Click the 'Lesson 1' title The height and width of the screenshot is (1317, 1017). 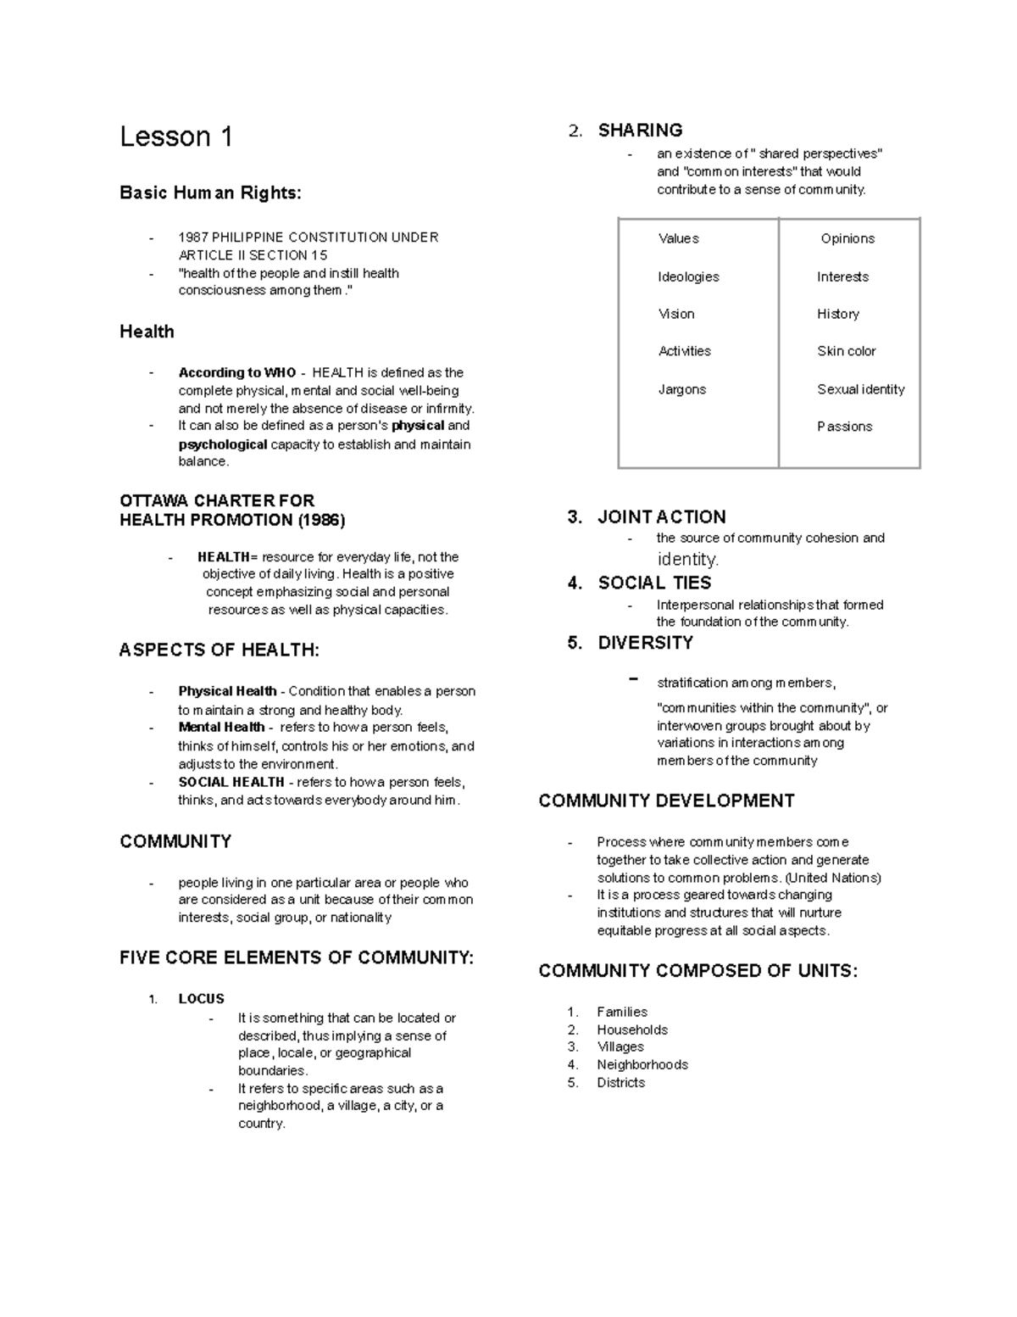click(x=176, y=137)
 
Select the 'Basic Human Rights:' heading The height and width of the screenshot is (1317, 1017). click(x=210, y=193)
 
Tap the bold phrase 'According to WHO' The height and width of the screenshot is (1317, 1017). click(x=237, y=373)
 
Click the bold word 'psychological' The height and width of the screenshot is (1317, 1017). click(x=223, y=444)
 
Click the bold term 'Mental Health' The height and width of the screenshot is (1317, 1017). click(x=221, y=728)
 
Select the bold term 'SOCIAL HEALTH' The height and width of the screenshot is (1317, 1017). click(x=231, y=783)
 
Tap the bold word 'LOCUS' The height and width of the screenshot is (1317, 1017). click(x=201, y=999)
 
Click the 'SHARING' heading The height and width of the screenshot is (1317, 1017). click(x=640, y=131)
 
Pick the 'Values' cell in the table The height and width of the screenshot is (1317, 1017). click(x=678, y=239)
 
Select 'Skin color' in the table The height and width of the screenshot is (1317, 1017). click(x=846, y=351)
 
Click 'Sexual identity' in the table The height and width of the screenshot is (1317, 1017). click(x=860, y=390)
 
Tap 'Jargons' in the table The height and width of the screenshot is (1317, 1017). click(x=681, y=390)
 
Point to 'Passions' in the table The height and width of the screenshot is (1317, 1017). click(x=844, y=427)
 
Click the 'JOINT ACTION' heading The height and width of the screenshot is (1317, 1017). click(x=662, y=517)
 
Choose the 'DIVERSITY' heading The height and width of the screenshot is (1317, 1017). click(x=645, y=644)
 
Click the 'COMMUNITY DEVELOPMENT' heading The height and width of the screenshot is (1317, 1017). click(x=666, y=801)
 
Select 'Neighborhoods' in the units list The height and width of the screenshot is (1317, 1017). click(x=642, y=1065)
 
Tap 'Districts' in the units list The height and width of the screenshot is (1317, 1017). click(x=620, y=1083)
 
